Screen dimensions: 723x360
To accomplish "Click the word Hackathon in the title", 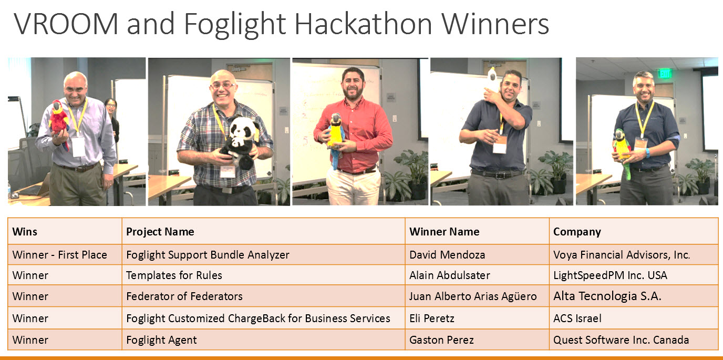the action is [x=363, y=24].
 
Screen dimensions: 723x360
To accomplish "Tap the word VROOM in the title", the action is [x=66, y=24].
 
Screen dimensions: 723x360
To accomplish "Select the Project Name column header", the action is [x=160, y=232].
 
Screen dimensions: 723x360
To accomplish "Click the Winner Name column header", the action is [x=444, y=232].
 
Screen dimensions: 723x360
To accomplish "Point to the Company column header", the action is [x=577, y=232].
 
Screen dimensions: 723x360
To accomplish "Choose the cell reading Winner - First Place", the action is [x=60, y=255].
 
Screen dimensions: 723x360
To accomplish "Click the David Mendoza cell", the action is [x=447, y=255].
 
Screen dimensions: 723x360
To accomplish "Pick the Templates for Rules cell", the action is [x=174, y=275].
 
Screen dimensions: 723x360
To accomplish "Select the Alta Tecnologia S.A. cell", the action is [x=607, y=296].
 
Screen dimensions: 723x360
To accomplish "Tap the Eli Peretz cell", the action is [x=432, y=318].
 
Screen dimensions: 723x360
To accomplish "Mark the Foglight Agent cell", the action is [x=161, y=340].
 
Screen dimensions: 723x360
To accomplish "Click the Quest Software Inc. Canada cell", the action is [x=621, y=340].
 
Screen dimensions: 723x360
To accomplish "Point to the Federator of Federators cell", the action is [x=184, y=296].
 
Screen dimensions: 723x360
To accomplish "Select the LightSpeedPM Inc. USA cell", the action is [x=610, y=275].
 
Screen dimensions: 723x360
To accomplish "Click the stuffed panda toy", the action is [x=241, y=142].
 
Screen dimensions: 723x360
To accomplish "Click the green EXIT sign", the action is [x=665, y=74].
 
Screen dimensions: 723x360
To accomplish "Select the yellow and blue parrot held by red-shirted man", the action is [x=335, y=139].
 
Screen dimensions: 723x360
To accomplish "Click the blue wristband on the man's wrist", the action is [x=647, y=152].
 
